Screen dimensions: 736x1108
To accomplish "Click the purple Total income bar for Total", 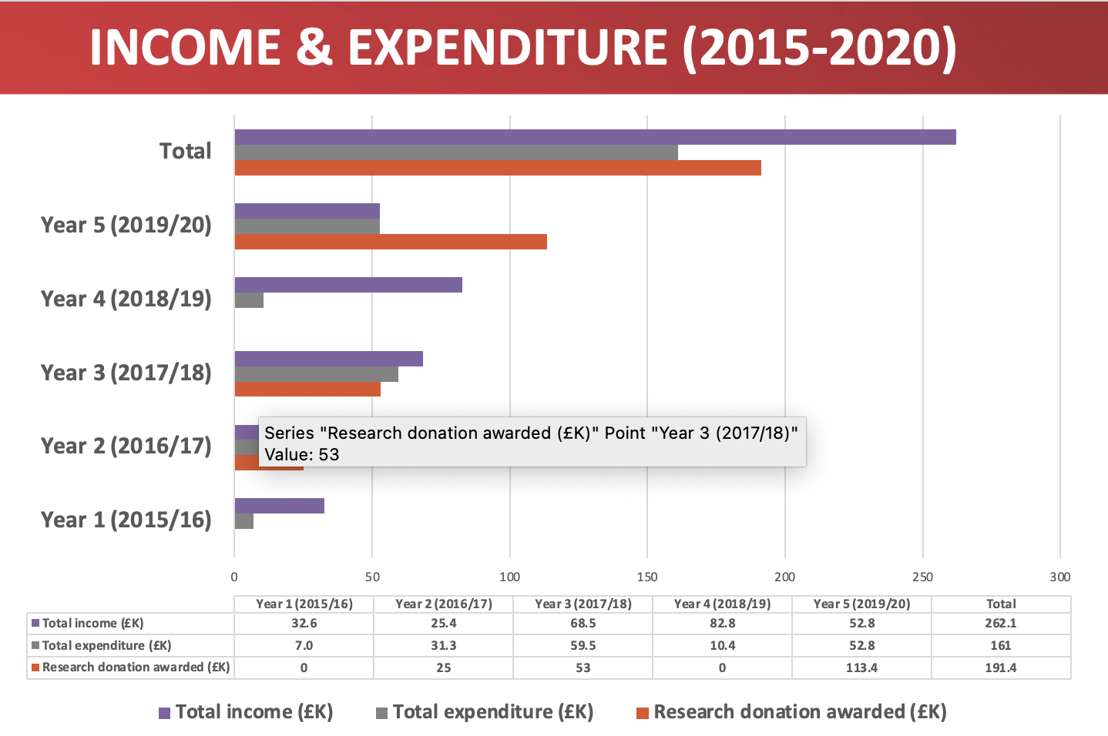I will pos(595,137).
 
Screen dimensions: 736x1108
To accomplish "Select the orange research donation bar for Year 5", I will pos(391,242).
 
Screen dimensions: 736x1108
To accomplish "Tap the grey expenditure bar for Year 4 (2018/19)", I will pos(249,300).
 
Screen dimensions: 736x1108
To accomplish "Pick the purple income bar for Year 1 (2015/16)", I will pos(279,506).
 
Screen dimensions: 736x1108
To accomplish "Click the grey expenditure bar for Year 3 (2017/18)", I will pos(316,374).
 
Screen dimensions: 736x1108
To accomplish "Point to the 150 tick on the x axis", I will pos(647,577).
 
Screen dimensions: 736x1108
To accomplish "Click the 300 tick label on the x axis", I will pos(1059,577).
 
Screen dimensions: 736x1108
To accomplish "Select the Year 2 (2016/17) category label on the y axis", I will pos(126,446).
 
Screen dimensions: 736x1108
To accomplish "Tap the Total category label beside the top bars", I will pos(185,151).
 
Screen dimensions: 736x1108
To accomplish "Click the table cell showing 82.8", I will pos(722,623).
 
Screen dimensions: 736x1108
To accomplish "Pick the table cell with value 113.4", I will pos(861,667).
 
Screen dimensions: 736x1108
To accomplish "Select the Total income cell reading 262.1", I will pos(1000,623).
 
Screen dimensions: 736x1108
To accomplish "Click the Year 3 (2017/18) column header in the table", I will pos(583,604).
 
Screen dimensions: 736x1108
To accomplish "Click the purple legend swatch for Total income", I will pos(164,713).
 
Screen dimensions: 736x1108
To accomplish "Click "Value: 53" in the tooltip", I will pos(301,454).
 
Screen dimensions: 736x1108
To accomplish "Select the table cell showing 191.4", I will pos(1000,667).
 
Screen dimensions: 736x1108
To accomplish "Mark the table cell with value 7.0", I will pos(304,645).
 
